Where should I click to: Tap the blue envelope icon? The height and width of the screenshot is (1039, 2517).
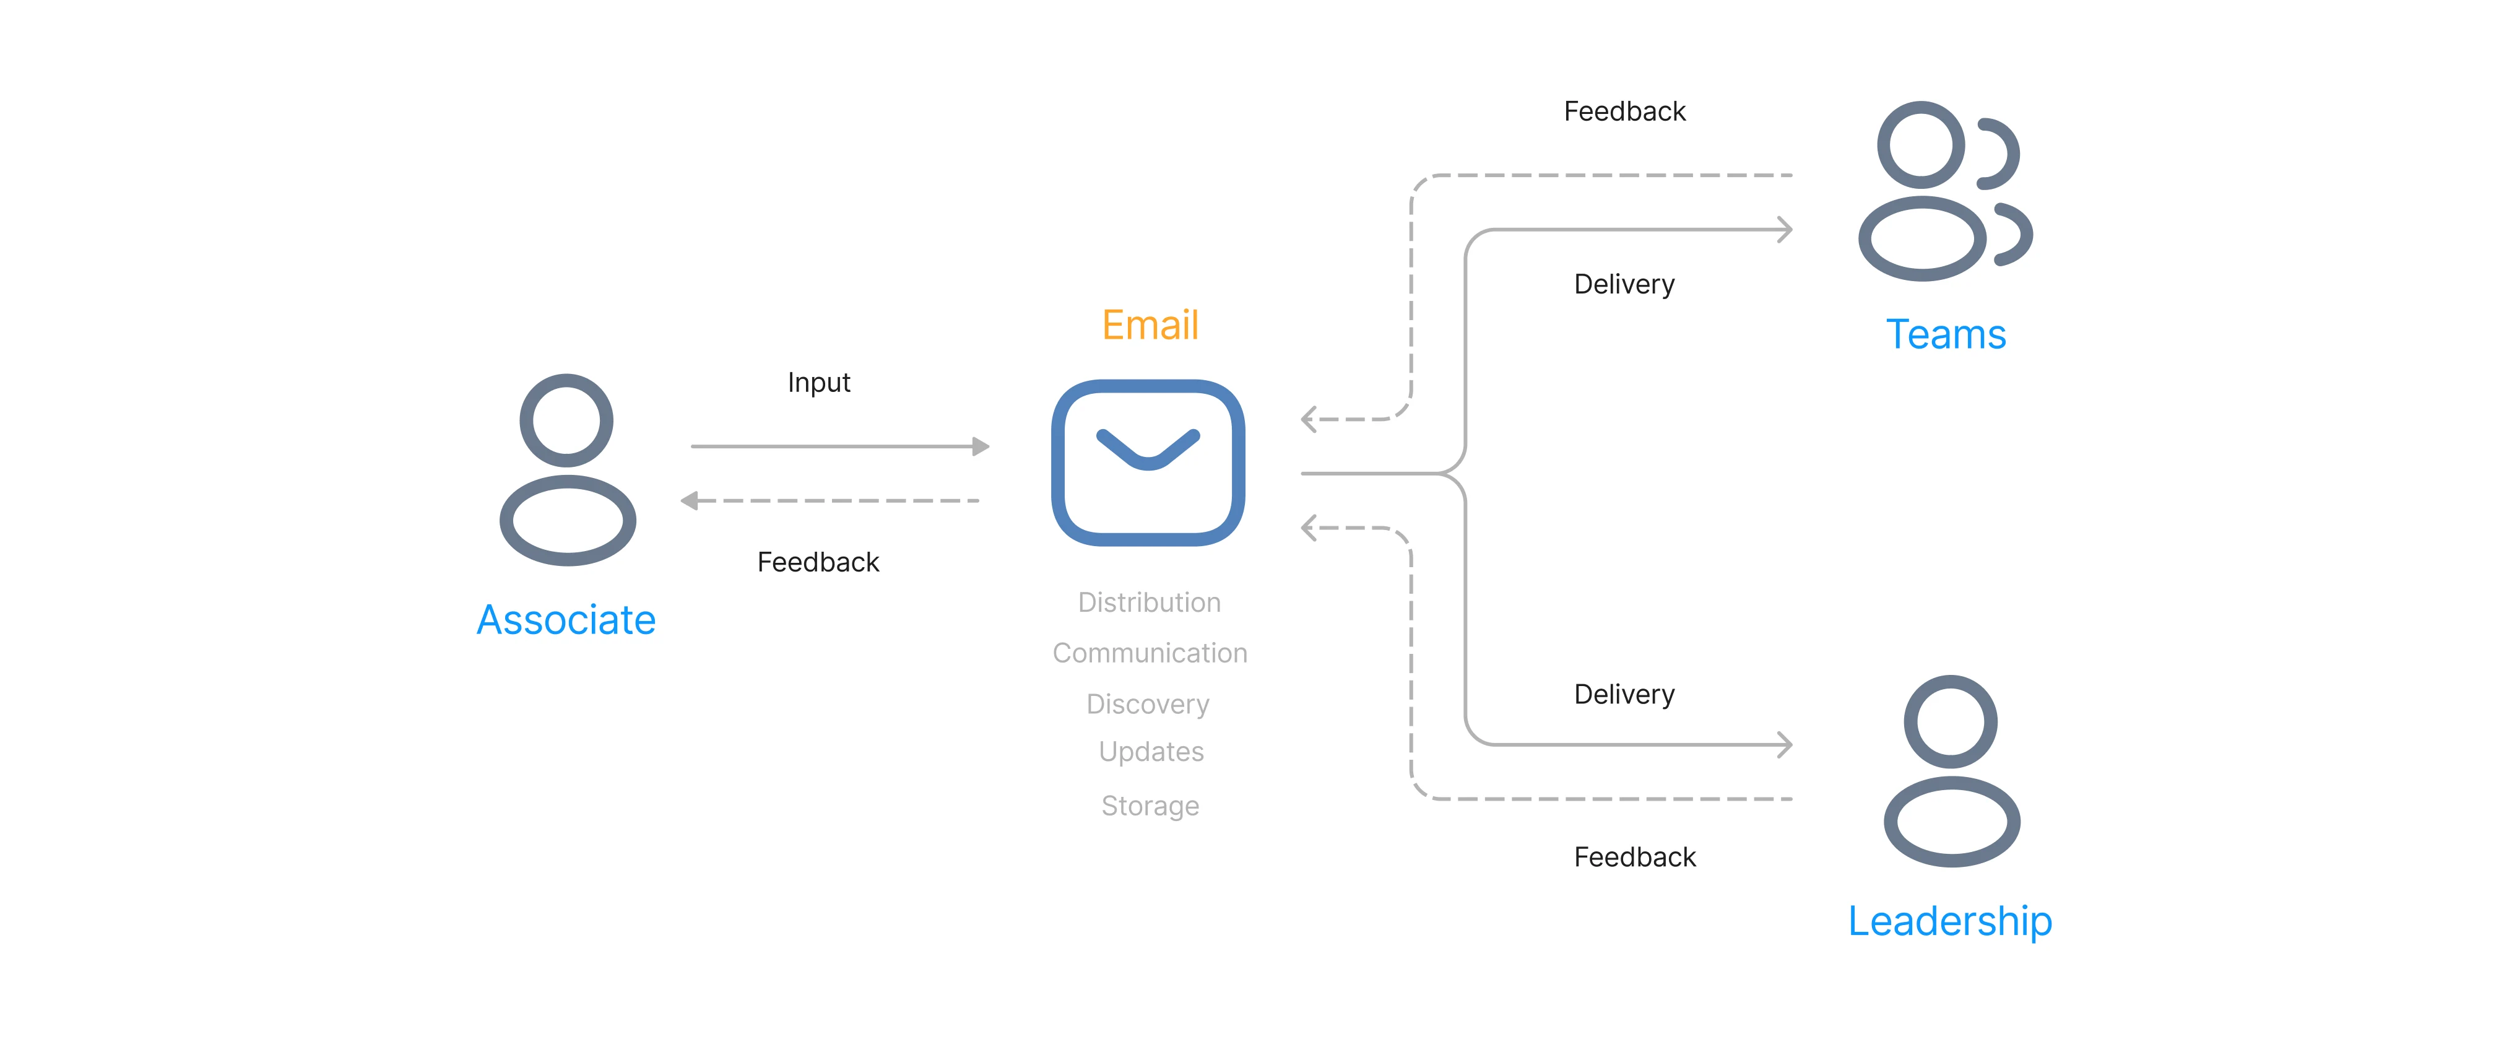1148,463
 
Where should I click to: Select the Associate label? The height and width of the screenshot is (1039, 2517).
566,620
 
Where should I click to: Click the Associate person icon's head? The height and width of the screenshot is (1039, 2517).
566,420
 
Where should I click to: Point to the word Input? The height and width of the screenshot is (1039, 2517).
819,382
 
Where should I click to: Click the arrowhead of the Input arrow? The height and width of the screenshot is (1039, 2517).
981,446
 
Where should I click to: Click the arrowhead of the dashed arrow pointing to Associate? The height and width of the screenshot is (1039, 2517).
689,500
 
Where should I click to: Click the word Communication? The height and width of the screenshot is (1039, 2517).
1150,653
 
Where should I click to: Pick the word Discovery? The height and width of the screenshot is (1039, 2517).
1148,705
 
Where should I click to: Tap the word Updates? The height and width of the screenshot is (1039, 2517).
1151,752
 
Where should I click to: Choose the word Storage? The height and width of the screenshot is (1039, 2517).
1150,806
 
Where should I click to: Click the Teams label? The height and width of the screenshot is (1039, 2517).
1946,334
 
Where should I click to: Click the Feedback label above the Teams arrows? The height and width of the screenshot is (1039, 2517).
1625,111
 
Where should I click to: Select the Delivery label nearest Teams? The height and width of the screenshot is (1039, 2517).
1624,284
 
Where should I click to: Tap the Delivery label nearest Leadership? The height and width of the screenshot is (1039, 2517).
1624,695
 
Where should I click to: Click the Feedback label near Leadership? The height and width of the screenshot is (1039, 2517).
1635,857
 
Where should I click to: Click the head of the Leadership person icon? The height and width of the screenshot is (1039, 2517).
1951,721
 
